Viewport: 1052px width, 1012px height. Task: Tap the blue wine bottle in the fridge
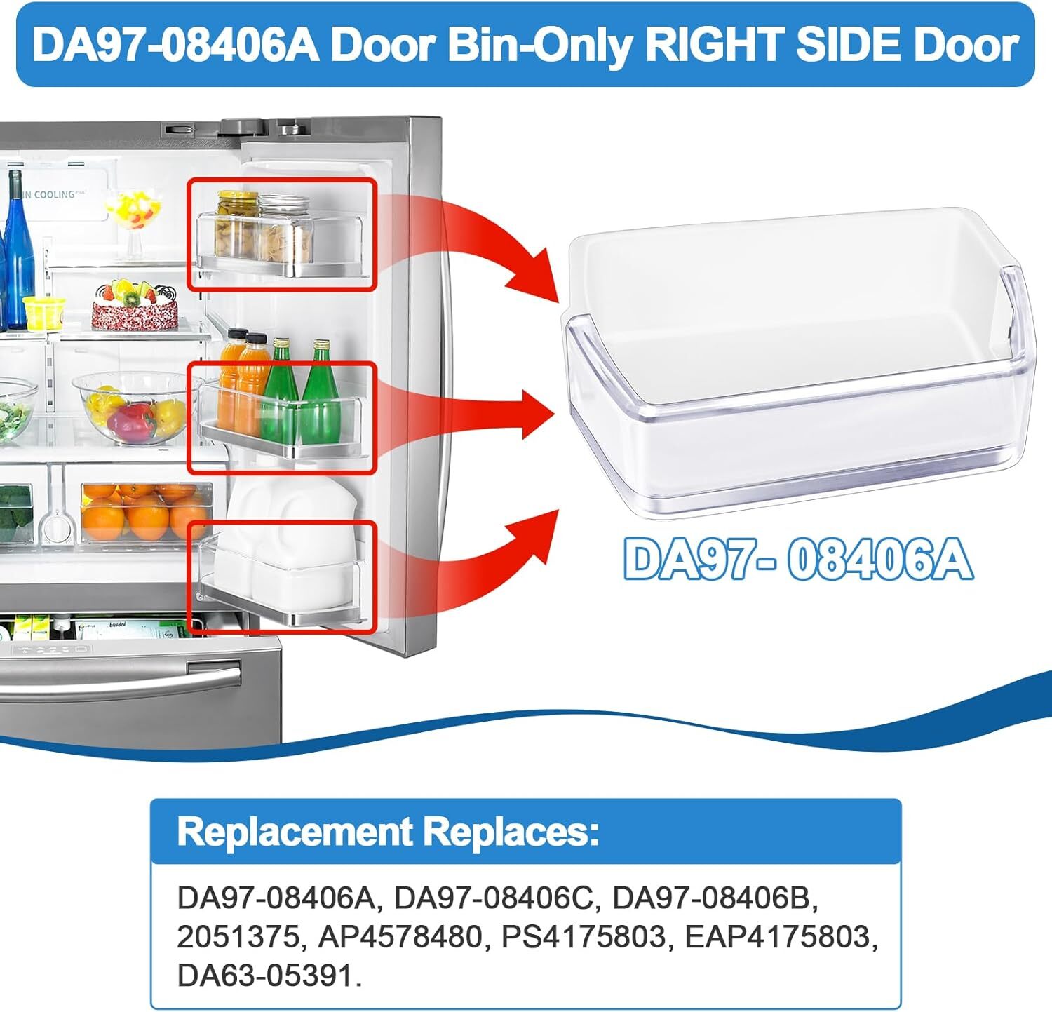[17, 252]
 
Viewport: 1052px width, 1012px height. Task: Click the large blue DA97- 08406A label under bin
[798, 560]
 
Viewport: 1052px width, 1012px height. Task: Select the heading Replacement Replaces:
[388, 832]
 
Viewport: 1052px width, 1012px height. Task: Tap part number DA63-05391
[269, 976]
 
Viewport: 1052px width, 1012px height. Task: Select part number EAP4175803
[781, 937]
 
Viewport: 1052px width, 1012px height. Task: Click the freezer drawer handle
[119, 675]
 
